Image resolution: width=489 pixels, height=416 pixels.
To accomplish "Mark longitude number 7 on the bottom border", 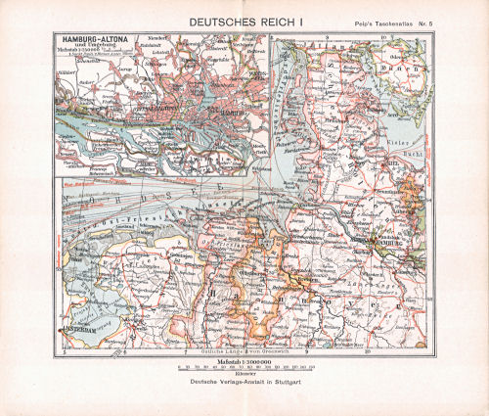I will (x=186, y=351).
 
